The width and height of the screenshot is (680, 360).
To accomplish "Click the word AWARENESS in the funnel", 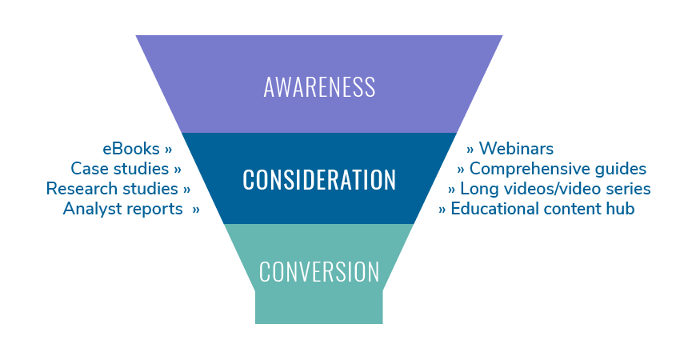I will pyautogui.click(x=319, y=86).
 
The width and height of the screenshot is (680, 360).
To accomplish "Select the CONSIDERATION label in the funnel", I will pyautogui.click(x=319, y=179).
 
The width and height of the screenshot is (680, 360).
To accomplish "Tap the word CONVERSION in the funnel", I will pyautogui.click(x=319, y=272).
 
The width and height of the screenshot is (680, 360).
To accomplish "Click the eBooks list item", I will pyautogui.click(x=131, y=149).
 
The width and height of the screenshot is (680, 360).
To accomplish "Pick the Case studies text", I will pyautogui.click(x=120, y=169).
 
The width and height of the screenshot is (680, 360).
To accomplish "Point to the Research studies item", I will pyautogui.click(x=112, y=189).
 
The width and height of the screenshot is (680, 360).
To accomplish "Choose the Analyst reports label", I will pyautogui.click(x=122, y=209).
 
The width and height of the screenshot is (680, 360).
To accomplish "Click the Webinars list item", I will pyautogui.click(x=516, y=149).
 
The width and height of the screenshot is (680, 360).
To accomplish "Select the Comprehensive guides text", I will pyautogui.click(x=558, y=169).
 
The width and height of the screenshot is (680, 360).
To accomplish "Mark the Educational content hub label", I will pyautogui.click(x=542, y=209).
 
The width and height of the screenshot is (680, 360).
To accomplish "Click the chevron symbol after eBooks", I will pyautogui.click(x=168, y=150).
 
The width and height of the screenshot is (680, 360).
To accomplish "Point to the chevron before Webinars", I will pyautogui.click(x=470, y=150).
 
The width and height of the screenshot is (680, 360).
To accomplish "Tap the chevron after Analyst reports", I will pyautogui.click(x=195, y=210).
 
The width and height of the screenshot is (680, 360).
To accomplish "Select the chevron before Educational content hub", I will pyautogui.click(x=442, y=210).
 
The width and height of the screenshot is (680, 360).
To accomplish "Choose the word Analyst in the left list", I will pyautogui.click(x=88, y=209).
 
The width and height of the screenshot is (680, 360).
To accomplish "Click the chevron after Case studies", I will pyautogui.click(x=177, y=170).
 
